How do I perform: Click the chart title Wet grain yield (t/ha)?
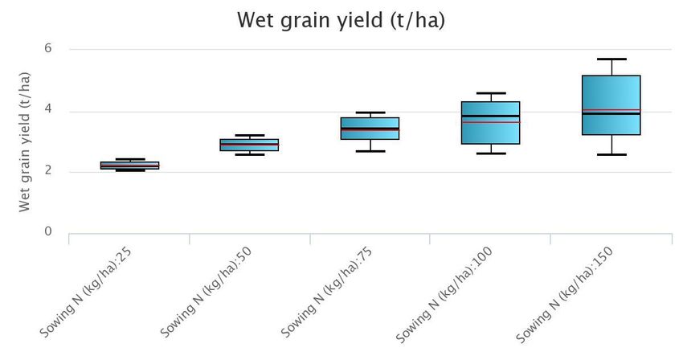(341, 20)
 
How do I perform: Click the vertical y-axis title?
(24, 141)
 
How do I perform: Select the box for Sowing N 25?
(129, 166)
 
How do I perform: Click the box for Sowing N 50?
(250, 145)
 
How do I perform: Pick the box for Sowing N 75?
(370, 129)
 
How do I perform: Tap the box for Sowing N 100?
(491, 123)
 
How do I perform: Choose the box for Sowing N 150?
(611, 105)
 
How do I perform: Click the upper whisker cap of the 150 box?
(611, 59)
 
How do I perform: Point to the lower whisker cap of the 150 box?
(611, 154)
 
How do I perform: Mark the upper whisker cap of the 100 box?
(491, 93)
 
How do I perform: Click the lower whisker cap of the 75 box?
(370, 151)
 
